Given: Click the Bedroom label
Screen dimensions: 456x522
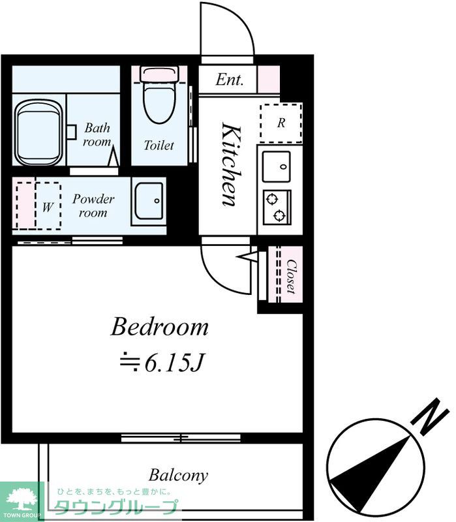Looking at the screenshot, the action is point(159,327).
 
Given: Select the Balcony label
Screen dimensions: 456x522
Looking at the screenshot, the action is point(178,476).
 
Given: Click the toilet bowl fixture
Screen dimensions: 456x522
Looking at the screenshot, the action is point(159,95).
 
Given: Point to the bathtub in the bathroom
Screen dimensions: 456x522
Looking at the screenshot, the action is point(38,132).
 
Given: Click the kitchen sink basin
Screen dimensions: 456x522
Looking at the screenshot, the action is point(276,166).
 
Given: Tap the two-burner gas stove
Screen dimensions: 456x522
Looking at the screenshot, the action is point(277,207).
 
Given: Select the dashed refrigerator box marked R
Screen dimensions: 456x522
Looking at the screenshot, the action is point(281,123).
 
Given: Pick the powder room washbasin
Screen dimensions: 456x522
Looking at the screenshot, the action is point(149,201).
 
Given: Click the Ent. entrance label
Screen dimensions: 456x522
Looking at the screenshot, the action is point(230,80).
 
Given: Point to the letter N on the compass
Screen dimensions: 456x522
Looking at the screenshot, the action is point(431,416).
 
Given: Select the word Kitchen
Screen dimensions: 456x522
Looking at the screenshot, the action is point(231,164).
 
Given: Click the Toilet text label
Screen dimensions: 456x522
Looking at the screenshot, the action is point(159,146).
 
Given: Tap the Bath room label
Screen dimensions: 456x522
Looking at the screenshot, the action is point(97,135).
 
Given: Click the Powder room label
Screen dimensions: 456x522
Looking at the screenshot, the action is point(93,206).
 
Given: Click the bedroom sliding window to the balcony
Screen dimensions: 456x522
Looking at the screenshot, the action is point(181,437).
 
